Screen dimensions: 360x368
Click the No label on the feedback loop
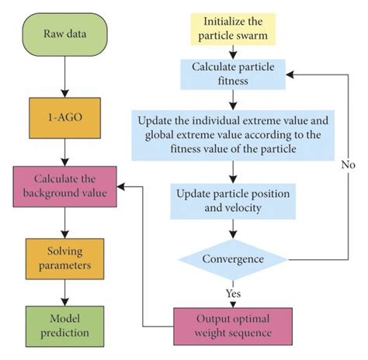tap(347, 165)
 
